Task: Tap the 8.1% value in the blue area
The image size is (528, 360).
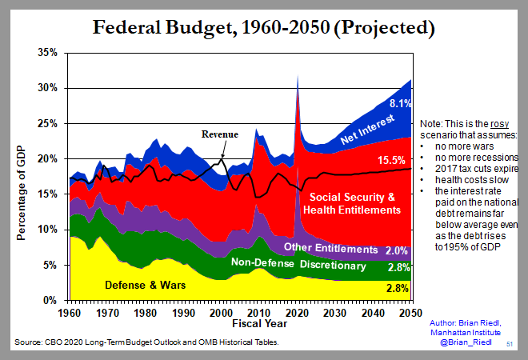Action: coord(399,102)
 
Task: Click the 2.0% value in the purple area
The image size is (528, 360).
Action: coord(398,250)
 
